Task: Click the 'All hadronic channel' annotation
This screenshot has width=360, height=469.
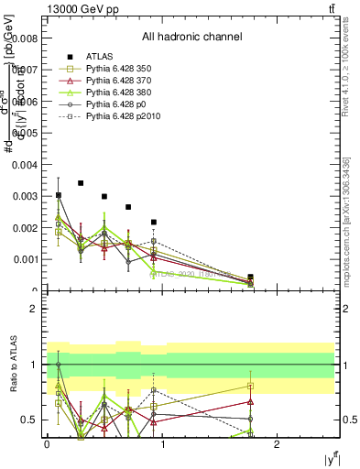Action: pyautogui.click(x=191, y=37)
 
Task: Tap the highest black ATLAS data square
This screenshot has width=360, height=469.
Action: pyautogui.click(x=81, y=183)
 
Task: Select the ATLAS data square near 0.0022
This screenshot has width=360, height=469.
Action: pyautogui.click(x=154, y=222)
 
